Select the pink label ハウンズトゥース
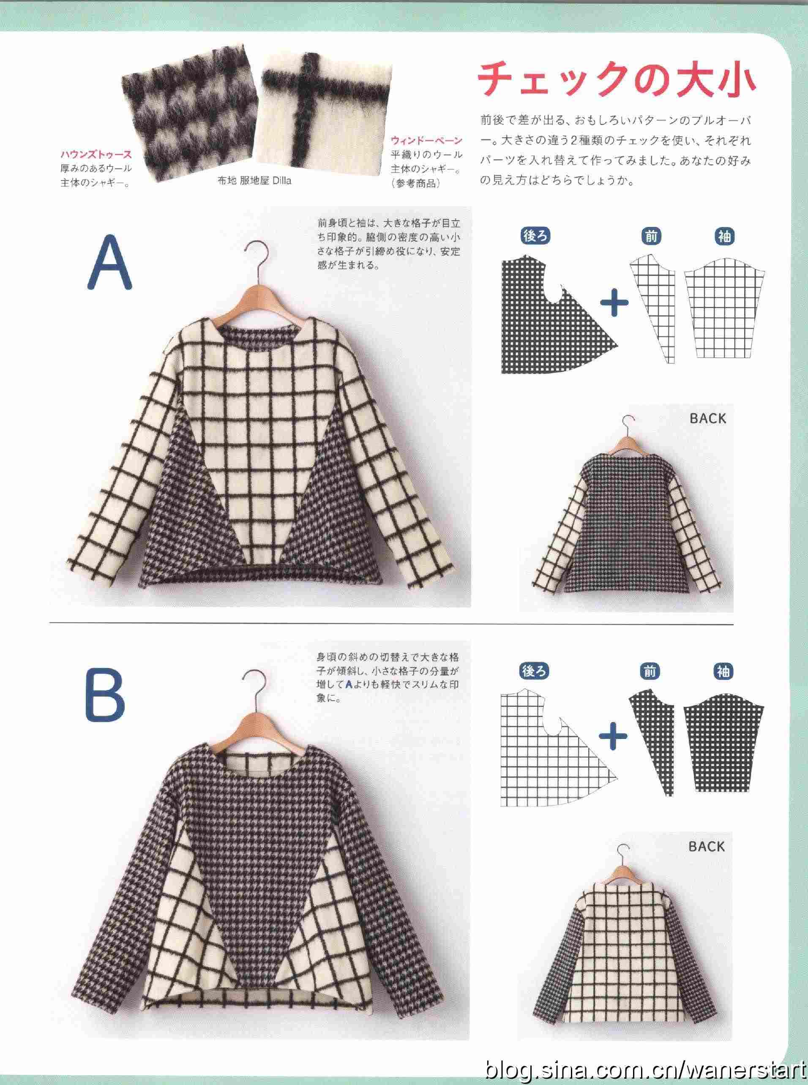pos(96,155)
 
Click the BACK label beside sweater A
pos(708,419)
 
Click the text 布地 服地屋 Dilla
pos(254,181)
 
